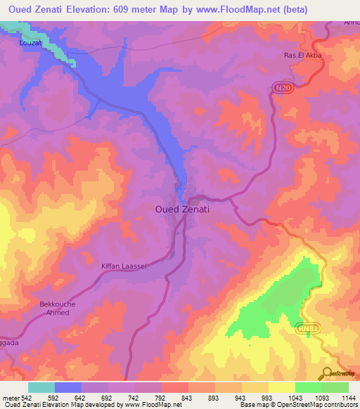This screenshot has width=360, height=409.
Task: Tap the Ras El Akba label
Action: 302,56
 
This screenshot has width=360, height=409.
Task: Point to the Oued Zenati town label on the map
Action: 182,209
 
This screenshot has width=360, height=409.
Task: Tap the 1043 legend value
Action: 277,398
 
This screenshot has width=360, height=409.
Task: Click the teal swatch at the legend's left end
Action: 41,387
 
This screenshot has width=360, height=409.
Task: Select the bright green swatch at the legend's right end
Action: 335,387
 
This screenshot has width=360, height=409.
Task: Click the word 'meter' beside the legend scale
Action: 11,398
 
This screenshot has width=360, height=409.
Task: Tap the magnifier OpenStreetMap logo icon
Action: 327,372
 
